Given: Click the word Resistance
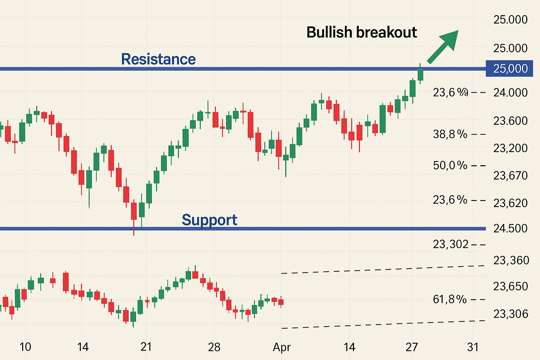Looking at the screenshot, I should (158, 59).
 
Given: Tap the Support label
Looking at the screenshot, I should (210, 220).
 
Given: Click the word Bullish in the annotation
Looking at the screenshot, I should (329, 32).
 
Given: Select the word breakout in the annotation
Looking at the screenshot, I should (386, 32).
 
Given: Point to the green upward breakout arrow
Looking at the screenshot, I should (444, 46).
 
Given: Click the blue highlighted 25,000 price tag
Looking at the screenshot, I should (510, 68).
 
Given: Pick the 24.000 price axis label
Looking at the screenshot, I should (510, 92).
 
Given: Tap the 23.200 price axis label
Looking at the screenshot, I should (510, 148).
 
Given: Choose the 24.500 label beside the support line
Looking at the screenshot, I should (510, 228).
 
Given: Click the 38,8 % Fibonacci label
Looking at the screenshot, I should (450, 134).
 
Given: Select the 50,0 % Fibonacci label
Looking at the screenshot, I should (450, 165).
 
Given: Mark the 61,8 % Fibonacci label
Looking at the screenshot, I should (450, 299).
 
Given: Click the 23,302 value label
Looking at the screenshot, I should (451, 244).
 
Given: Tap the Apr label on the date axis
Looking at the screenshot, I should (282, 347).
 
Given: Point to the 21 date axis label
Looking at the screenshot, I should (146, 347).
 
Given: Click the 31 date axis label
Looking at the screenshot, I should (473, 347).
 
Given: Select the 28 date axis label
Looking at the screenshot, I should (214, 347).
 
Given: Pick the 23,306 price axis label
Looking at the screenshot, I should (510, 314).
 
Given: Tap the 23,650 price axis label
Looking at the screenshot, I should (510, 286).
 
